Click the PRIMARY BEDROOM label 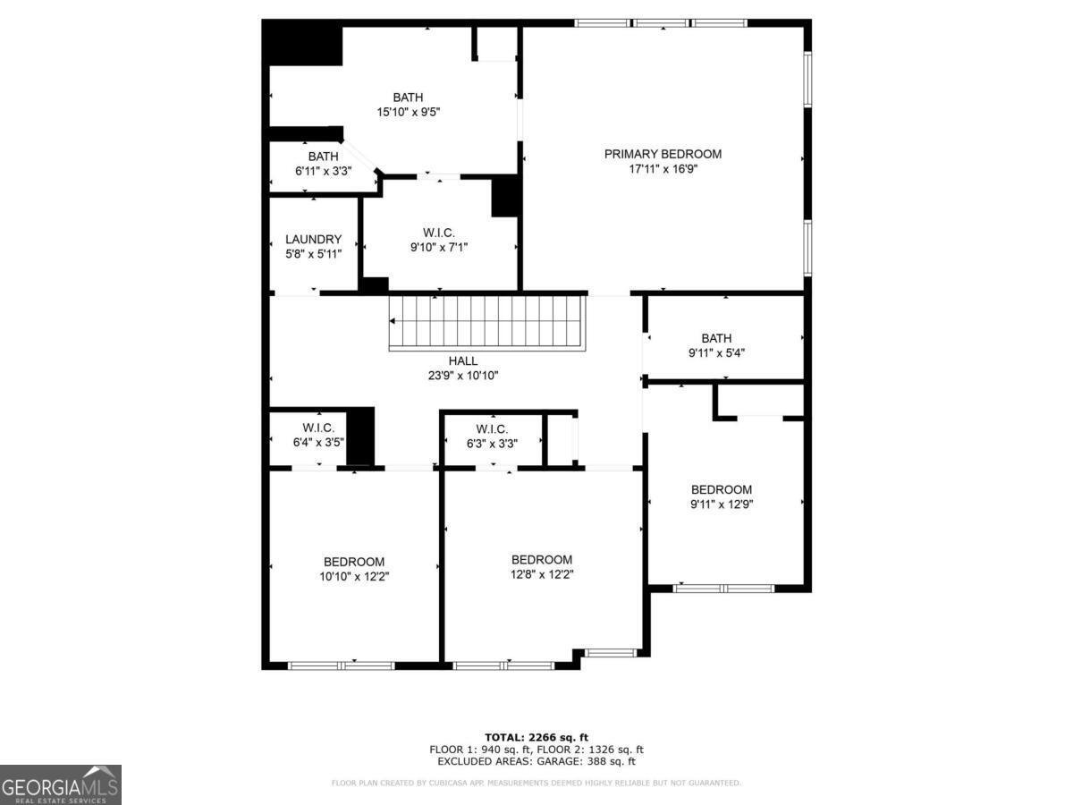[x=663, y=154]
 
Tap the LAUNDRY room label [x=313, y=239]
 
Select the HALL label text [x=462, y=360]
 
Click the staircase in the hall [x=487, y=322]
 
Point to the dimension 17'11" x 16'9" [x=663, y=169]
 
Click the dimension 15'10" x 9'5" [x=408, y=112]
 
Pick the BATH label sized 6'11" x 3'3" [x=323, y=156]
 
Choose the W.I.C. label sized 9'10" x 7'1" [x=439, y=233]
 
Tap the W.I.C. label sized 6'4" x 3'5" [x=318, y=428]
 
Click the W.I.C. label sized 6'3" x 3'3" [x=492, y=428]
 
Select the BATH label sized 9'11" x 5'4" [x=716, y=338]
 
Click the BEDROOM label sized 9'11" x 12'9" [x=721, y=489]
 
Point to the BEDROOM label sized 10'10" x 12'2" [x=354, y=562]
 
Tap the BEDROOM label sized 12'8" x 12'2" [x=542, y=560]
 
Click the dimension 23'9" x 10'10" [x=462, y=376]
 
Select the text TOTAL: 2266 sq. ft [x=536, y=737]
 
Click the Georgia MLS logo [x=60, y=784]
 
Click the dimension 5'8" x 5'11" [x=313, y=254]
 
